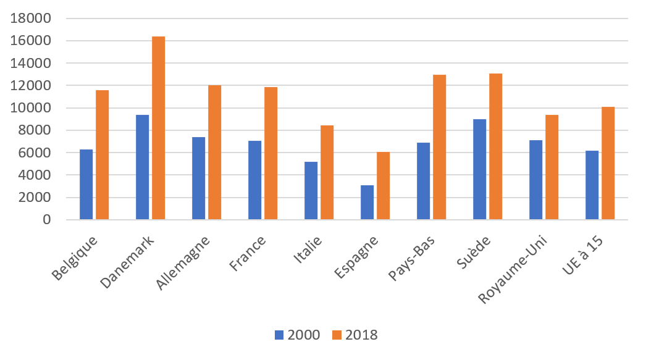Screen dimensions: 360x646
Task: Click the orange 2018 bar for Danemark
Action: pos(158,128)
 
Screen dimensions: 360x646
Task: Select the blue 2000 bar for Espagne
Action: pos(367,203)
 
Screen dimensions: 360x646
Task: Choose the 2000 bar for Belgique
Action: pos(86,185)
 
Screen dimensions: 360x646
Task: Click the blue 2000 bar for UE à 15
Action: pos(592,185)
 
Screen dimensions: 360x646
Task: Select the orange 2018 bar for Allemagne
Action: pos(214,153)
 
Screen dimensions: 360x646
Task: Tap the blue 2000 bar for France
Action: pos(254,180)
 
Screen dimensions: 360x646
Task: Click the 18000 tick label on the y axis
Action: pos(30,19)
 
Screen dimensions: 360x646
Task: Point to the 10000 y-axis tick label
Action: pos(30,108)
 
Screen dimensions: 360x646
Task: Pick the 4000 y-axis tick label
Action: pos(34,175)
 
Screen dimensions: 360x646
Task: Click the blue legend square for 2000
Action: pos(279,335)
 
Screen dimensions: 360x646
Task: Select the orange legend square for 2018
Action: pos(337,335)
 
